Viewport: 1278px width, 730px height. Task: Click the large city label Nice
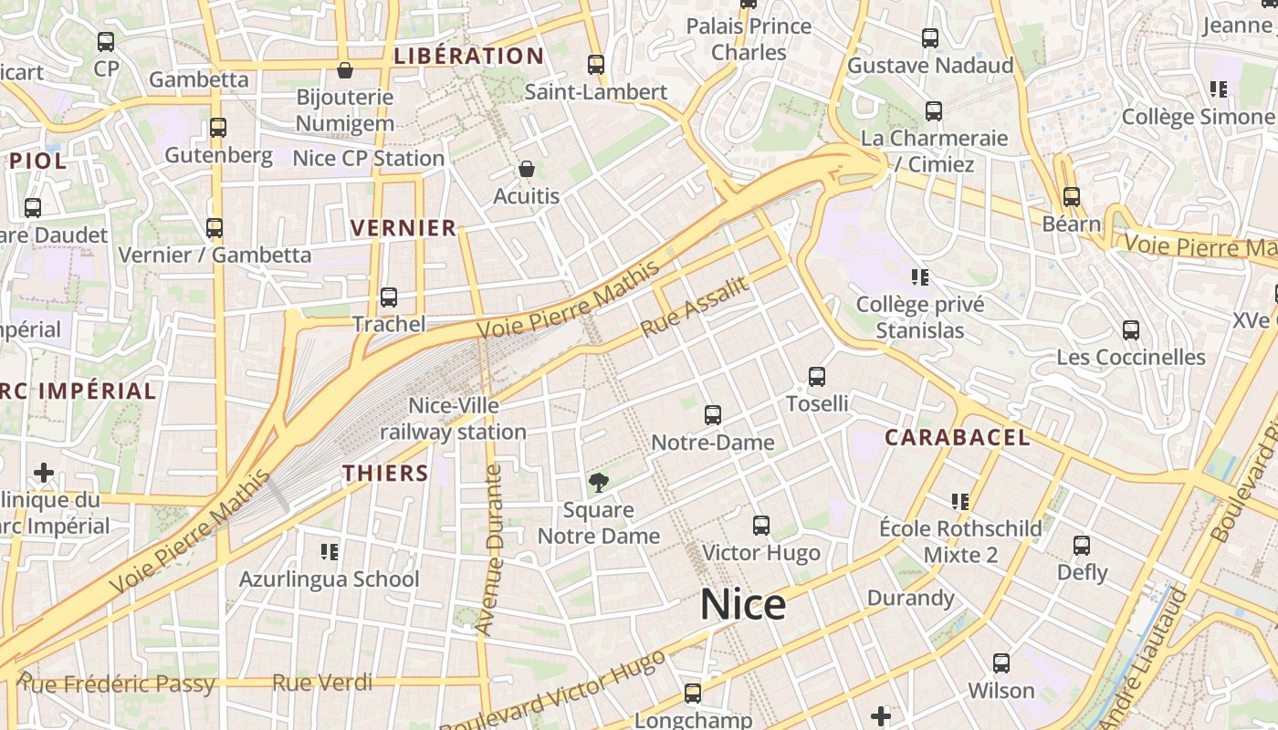coord(742,605)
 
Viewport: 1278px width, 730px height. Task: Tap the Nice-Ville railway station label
coord(454,419)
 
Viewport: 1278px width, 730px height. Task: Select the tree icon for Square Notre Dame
coord(599,483)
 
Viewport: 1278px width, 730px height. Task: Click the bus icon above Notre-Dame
coord(713,415)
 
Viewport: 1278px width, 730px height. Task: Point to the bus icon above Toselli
coord(817,376)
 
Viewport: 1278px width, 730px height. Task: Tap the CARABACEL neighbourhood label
coord(957,438)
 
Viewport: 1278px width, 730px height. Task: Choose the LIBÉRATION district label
coord(469,56)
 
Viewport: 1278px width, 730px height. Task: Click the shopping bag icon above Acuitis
coord(527,169)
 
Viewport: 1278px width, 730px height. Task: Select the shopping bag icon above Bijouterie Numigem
coord(345,70)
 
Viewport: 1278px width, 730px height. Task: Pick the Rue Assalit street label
coord(694,307)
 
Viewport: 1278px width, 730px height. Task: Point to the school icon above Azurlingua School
coord(330,551)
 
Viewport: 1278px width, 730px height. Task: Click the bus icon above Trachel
coord(389,297)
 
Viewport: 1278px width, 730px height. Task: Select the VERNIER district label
coord(403,228)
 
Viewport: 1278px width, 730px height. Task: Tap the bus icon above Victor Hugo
coord(761,526)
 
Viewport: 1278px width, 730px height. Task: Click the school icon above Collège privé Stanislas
coord(920,276)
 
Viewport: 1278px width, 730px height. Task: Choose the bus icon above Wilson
coord(1001,663)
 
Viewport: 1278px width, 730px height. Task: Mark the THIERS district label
coord(385,473)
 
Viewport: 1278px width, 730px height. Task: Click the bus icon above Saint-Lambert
coord(596,65)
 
